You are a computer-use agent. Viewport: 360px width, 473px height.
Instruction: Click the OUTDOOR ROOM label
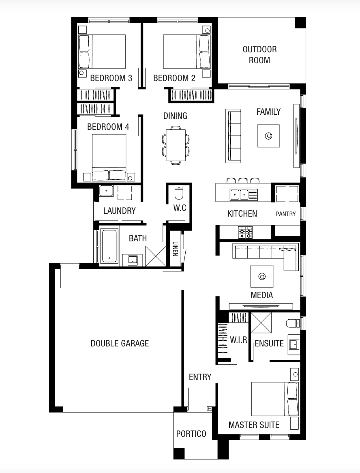(x=259, y=55)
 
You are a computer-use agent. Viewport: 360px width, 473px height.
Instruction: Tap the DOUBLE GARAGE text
(x=120, y=343)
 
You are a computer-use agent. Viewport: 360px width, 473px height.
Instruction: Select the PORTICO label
(x=191, y=434)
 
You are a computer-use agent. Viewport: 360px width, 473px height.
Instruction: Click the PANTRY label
(x=285, y=214)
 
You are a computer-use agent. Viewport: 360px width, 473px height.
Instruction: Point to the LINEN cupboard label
(x=175, y=249)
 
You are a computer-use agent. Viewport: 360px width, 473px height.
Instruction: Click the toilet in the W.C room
(x=179, y=193)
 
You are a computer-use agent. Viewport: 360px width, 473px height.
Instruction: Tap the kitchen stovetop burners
(x=245, y=232)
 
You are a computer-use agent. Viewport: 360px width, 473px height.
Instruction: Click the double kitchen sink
(x=239, y=195)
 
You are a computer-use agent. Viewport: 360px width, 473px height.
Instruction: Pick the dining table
(x=176, y=145)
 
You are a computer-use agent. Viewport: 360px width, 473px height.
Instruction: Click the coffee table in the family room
(x=268, y=136)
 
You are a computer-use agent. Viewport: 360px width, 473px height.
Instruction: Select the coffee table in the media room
(x=262, y=276)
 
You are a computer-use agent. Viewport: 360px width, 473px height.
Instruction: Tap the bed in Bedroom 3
(x=102, y=51)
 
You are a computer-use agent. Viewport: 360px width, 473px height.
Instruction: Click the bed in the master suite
(x=274, y=399)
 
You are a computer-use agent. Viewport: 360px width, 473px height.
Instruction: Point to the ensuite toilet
(x=293, y=323)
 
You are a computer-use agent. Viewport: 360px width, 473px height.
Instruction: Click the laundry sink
(x=107, y=191)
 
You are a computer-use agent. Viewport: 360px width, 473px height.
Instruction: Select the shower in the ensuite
(x=261, y=322)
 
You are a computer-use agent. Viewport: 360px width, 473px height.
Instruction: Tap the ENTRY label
(x=200, y=377)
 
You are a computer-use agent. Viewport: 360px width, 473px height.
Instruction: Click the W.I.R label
(x=238, y=340)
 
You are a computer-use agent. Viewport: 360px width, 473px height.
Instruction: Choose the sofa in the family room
(x=234, y=136)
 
